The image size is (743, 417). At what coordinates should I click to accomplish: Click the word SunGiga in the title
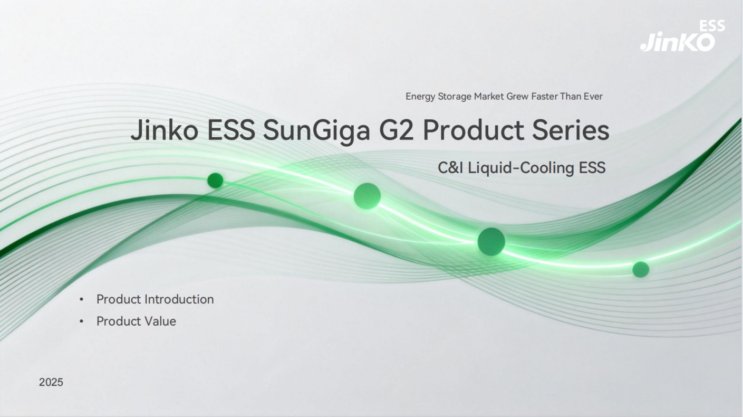(316, 131)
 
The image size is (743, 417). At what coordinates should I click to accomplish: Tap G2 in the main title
(397, 130)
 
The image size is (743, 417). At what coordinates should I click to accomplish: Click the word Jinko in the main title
(165, 130)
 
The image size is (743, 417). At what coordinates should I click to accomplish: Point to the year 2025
(51, 382)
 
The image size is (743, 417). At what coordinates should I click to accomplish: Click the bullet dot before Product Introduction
(82, 300)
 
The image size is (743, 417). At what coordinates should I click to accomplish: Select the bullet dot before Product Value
(82, 321)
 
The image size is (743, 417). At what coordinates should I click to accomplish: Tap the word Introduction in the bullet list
(179, 299)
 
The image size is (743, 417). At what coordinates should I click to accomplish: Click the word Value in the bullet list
(160, 321)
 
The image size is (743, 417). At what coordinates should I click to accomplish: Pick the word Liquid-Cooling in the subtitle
(521, 168)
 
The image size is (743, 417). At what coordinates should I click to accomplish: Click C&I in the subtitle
(450, 168)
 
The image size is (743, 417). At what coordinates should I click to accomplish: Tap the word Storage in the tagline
(455, 97)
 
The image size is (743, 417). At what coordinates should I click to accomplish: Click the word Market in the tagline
(489, 96)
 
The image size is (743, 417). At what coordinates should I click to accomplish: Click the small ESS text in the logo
(712, 26)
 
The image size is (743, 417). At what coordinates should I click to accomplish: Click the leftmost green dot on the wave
(215, 181)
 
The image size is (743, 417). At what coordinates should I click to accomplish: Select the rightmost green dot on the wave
(641, 269)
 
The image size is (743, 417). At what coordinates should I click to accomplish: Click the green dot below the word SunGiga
(367, 196)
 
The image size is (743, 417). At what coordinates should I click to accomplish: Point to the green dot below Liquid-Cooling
(491, 241)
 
